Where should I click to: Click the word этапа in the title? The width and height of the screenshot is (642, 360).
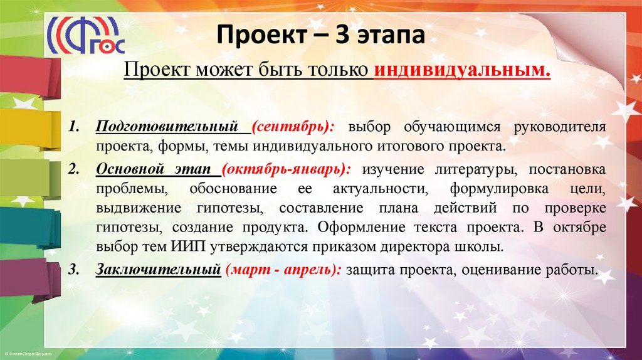tap(393, 36)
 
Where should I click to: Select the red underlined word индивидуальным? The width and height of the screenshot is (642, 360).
tap(462, 71)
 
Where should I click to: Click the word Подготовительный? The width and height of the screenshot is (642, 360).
tap(168, 127)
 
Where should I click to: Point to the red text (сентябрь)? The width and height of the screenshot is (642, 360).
tap(293, 127)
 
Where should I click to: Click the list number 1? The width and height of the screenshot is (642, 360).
tap(73, 127)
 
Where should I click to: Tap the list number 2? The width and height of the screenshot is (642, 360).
tap(73, 170)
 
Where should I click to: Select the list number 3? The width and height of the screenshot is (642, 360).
tap(73, 270)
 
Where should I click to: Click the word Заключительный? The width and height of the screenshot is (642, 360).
tap(157, 270)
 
